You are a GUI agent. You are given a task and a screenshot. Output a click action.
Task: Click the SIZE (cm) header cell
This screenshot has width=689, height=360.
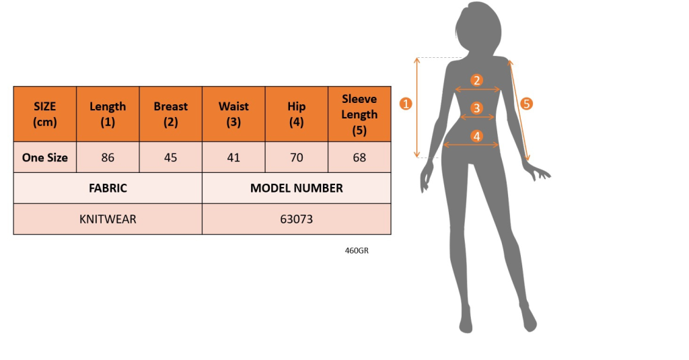coord(45,114)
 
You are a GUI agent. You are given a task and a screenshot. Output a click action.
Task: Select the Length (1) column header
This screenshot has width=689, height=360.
coord(108,114)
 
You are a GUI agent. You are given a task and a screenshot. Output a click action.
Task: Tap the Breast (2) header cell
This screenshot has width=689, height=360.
coord(170,114)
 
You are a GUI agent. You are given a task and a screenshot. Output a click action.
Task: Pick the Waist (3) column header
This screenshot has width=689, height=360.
coord(233,114)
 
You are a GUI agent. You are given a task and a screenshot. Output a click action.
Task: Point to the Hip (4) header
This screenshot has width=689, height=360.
coord(297,114)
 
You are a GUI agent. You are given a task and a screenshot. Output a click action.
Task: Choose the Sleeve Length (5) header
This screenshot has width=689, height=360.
coord(359,114)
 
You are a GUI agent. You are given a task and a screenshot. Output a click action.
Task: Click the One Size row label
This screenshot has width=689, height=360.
coord(45,157)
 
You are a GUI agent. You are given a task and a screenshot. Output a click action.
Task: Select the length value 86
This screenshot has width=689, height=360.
coord(108,157)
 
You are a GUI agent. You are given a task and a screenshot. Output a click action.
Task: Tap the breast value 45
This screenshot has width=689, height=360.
coord(170,157)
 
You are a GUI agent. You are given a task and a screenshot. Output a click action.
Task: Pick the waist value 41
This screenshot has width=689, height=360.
coord(233,157)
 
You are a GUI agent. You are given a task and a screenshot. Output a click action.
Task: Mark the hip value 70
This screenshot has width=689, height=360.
coord(297,157)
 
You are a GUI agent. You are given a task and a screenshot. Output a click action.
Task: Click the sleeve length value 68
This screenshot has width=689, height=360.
coord(359,157)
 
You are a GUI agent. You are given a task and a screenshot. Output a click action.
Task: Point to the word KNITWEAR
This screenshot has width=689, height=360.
coord(108,219)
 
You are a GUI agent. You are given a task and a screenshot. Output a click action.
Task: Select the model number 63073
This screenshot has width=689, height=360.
coord(297,219)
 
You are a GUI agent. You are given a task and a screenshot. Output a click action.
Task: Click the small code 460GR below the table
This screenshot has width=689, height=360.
coord(357,250)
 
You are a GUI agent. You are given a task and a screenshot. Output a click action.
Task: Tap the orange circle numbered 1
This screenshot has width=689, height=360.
coord(406,104)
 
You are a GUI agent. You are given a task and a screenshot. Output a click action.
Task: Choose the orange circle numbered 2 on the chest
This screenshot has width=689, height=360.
coord(477,81)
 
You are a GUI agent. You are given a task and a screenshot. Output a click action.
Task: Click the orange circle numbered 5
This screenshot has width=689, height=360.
coord(526,104)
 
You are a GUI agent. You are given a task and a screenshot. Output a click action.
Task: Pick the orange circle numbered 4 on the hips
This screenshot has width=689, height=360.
coord(477,137)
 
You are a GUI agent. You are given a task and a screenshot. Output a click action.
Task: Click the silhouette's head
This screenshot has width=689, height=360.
coord(479,26)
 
